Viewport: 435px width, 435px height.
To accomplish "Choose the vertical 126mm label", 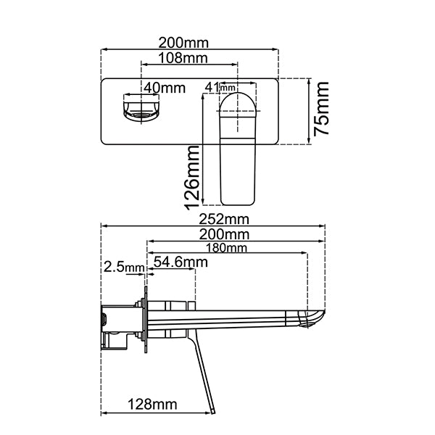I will tap(193, 176).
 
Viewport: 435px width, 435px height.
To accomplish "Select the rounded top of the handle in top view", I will tap(238, 101).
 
